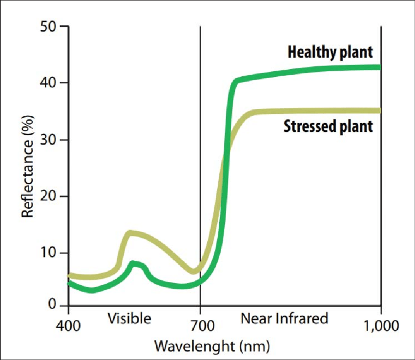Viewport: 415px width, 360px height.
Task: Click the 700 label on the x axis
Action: coord(200,325)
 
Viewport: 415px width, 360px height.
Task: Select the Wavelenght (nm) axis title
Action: coord(212,346)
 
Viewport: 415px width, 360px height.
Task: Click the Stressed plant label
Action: coord(328,127)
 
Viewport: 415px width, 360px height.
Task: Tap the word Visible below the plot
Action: coord(129,319)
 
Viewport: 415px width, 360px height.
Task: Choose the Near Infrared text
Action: coord(284,319)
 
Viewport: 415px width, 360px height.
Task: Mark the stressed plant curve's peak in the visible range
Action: coord(130,233)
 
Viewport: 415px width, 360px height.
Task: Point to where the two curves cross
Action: coord(225,155)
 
